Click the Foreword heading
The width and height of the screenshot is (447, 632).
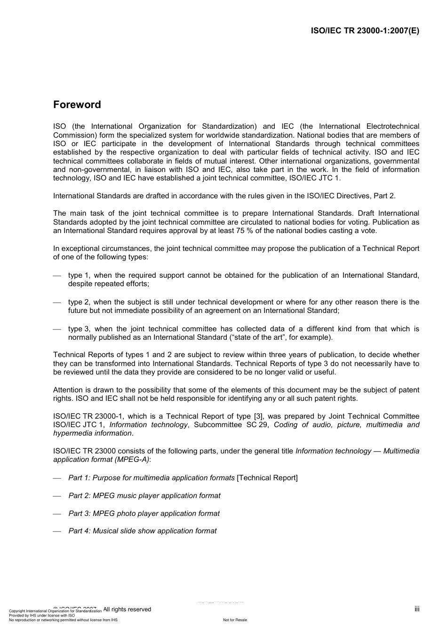tap(77, 105)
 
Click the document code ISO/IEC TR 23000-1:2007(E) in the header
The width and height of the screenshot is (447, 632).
tap(365, 31)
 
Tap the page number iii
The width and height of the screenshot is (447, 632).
tap(416, 609)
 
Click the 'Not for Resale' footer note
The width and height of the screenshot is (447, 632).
tap(235, 620)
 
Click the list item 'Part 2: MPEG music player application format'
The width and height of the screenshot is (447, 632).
tap(144, 496)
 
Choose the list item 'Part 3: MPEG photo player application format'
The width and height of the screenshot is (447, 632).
tap(144, 514)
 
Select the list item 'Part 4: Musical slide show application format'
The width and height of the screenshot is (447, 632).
tap(142, 531)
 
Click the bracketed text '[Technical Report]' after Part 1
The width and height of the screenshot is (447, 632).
tap(267, 478)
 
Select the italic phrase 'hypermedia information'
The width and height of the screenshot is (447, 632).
tap(92, 433)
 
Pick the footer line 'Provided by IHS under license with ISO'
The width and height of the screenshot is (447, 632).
tap(42, 616)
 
